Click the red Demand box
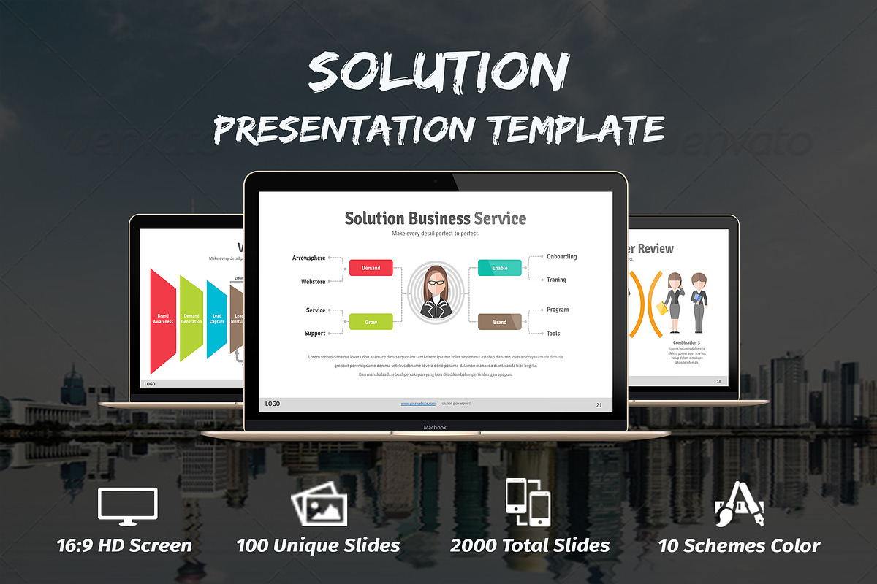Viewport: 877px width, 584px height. pos(371,268)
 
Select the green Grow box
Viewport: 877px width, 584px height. pos(371,321)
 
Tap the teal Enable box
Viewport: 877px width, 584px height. pos(499,268)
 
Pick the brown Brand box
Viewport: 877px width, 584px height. pos(499,321)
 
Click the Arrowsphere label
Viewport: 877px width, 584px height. pos(308,258)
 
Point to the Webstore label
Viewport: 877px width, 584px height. pos(313,281)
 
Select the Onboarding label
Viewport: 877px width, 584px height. pos(561,257)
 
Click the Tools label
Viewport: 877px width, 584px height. pos(553,334)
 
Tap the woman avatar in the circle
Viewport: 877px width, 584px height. pos(436,295)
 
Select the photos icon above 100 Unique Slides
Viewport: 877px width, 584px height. pos(319,504)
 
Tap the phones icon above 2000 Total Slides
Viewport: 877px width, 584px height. pos(528,502)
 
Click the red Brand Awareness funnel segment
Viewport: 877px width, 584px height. pos(163,320)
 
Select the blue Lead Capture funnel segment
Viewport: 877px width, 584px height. pos(217,320)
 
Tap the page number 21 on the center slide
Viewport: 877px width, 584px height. pos(599,404)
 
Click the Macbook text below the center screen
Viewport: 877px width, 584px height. pos(435,427)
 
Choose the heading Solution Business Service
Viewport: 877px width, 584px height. pos(435,218)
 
